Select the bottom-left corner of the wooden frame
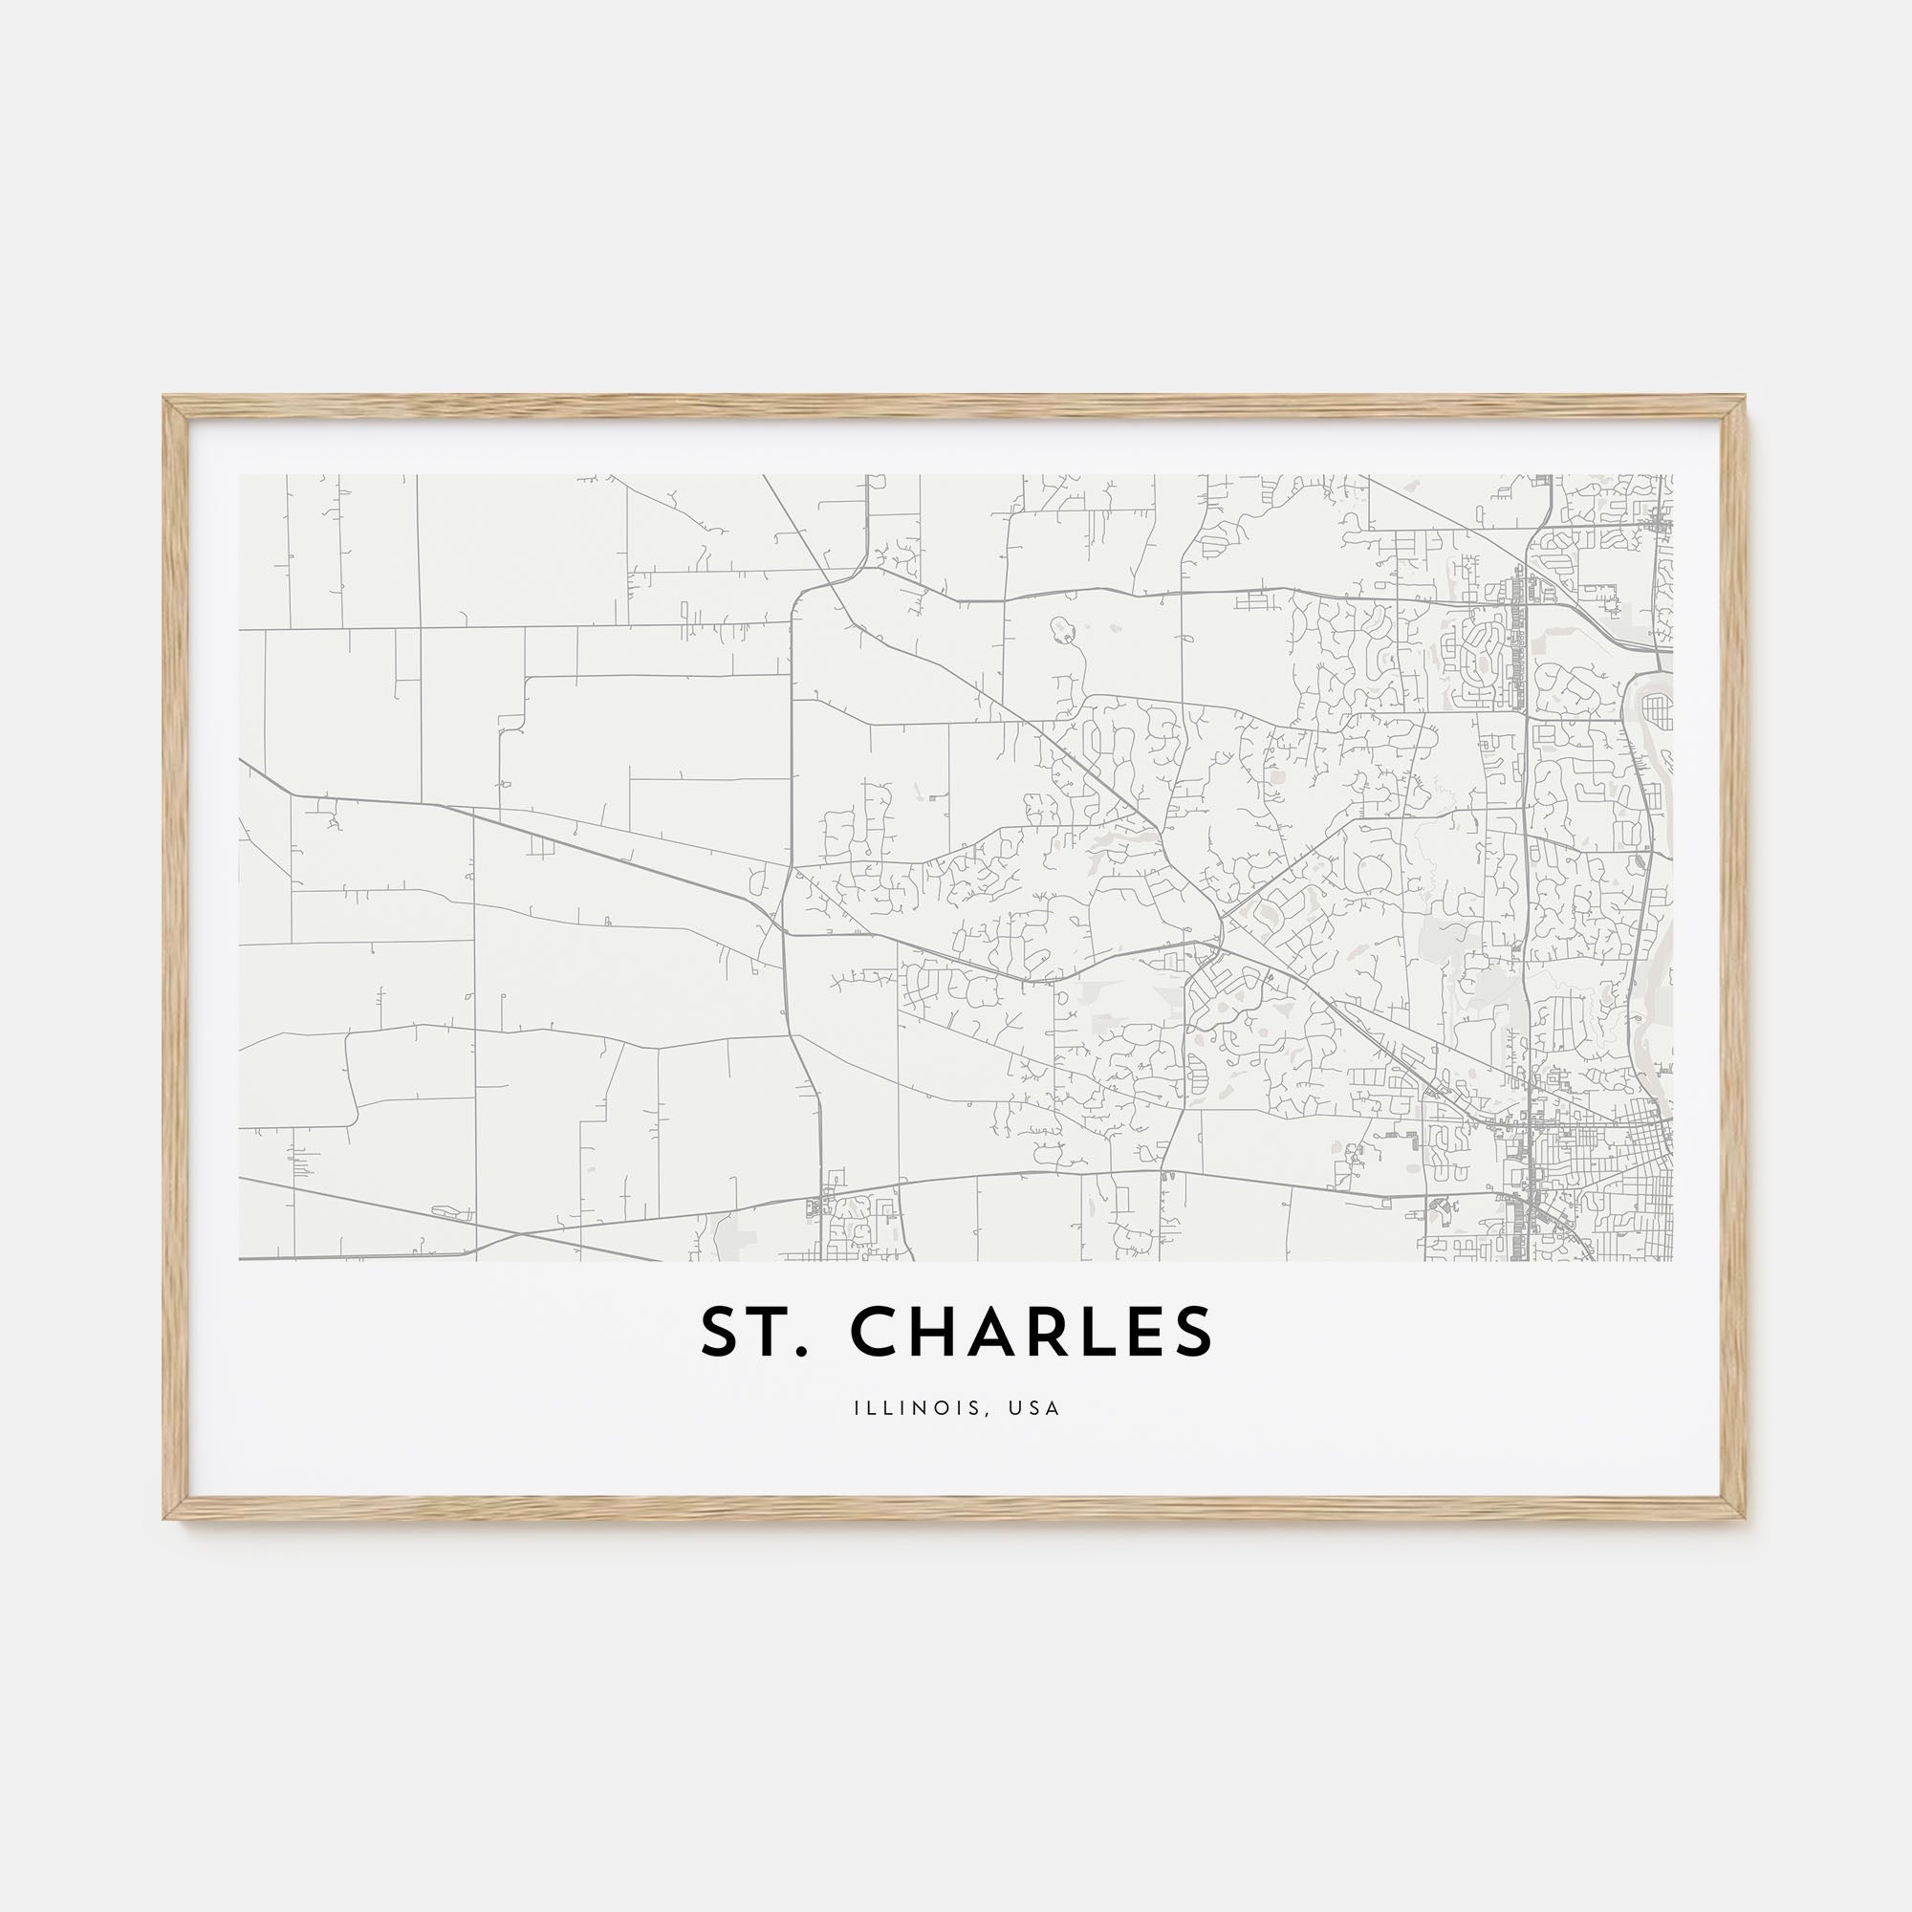(x=165, y=1520)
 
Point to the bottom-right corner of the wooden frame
(x=1746, y=1520)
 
